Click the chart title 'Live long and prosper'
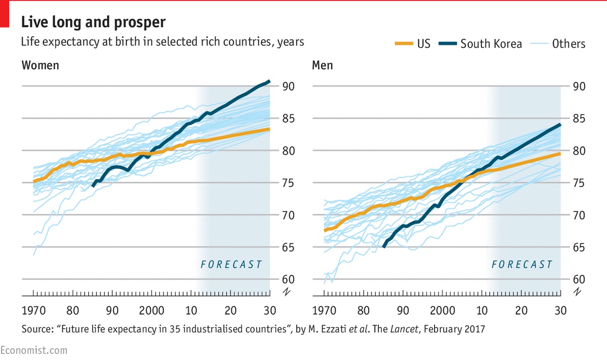[x=93, y=22]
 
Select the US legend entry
[x=412, y=44]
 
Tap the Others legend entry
[x=558, y=44]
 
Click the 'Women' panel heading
[x=40, y=65]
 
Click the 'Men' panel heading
[x=322, y=65]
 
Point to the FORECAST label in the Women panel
[x=231, y=264]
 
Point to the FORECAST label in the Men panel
[x=522, y=264]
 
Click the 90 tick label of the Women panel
[x=289, y=87]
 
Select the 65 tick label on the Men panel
[x=579, y=247]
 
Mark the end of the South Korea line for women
[x=269, y=81]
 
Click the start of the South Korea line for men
[x=384, y=247]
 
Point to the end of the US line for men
[x=560, y=153]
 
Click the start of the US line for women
[x=34, y=181]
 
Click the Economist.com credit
[x=34, y=350]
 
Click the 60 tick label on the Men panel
[x=579, y=279]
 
